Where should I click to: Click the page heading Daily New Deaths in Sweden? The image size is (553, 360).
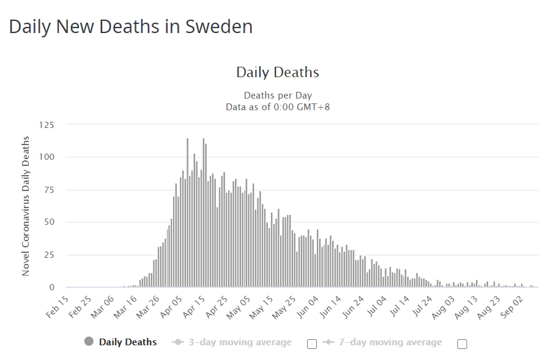(x=130, y=27)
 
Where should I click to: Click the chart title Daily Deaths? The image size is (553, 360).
(x=277, y=72)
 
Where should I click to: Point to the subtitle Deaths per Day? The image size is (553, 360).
(x=277, y=96)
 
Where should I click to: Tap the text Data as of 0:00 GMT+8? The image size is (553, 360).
(x=277, y=107)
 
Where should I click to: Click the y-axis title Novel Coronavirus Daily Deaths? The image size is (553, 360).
(x=26, y=206)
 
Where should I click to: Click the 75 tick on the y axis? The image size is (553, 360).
(x=48, y=190)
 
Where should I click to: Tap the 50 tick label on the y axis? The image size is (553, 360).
(x=48, y=222)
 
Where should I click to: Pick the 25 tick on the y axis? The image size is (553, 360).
(x=48, y=255)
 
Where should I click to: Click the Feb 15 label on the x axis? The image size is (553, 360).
(x=57, y=307)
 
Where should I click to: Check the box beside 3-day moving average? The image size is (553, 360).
(x=311, y=343)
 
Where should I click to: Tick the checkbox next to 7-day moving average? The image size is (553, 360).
(x=462, y=343)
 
